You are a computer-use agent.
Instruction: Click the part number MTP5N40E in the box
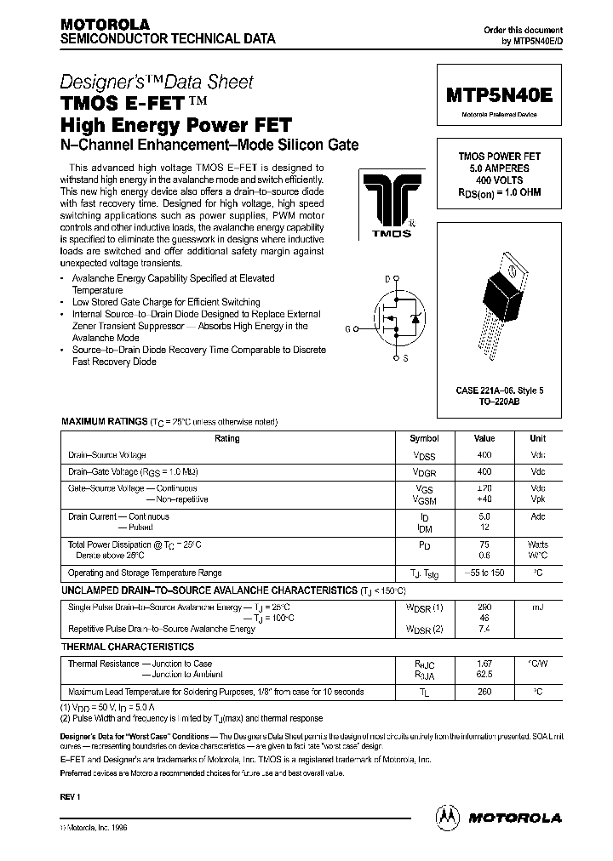point(499,96)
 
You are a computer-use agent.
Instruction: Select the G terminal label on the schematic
point(347,328)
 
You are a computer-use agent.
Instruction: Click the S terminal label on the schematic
point(405,358)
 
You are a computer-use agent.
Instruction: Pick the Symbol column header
point(424,439)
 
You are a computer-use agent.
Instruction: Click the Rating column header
point(227,439)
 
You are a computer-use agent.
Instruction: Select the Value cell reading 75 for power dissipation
point(484,545)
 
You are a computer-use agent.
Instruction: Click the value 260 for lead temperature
point(484,693)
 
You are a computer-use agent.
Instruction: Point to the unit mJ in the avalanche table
point(537,607)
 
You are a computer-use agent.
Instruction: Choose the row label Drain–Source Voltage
point(107,455)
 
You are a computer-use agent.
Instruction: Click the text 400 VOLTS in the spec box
point(500,181)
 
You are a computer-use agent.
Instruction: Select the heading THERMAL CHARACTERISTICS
point(127,647)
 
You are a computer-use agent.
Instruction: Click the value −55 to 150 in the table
point(484,573)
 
